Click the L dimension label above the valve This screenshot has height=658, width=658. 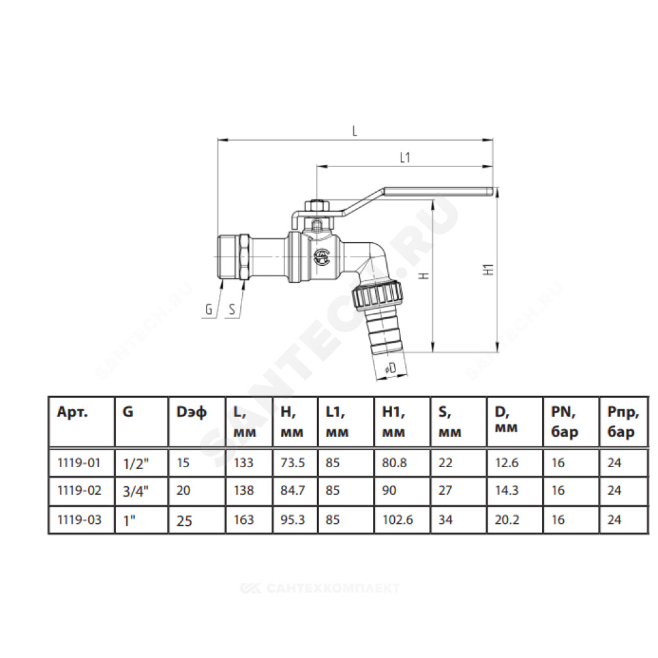(x=355, y=131)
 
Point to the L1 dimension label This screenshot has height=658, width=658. (x=405, y=158)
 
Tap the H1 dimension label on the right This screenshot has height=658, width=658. (x=488, y=269)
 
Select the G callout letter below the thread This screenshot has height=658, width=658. (x=209, y=309)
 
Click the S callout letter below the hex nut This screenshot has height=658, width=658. (x=232, y=309)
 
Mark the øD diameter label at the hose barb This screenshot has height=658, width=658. (x=391, y=368)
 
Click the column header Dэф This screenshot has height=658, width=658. (x=191, y=412)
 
